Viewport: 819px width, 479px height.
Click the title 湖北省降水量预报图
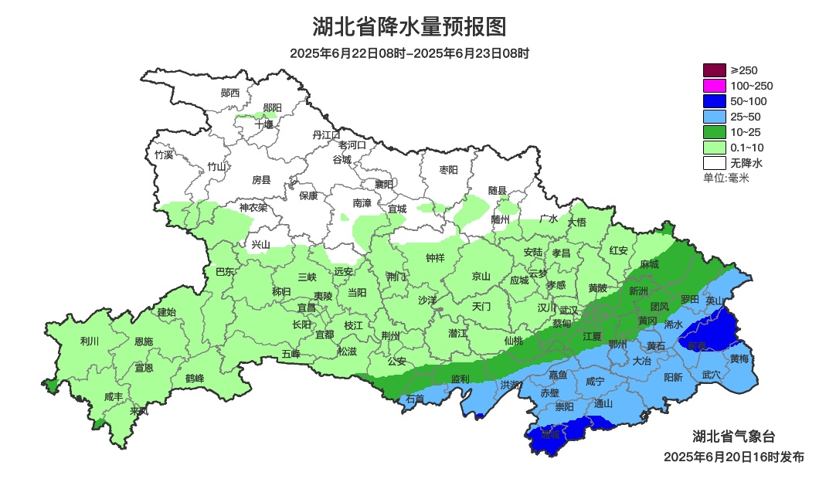409,27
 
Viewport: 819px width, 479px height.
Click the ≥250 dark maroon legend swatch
715,70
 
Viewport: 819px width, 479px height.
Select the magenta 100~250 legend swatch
715,86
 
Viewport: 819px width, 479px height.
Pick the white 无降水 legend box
715,163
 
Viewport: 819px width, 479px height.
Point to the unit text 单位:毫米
726,178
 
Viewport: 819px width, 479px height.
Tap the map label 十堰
263,124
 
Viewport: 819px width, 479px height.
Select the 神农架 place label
253,207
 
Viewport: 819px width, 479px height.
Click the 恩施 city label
143,341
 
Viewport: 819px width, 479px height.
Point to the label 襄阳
384,184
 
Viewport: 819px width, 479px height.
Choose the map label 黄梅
739,358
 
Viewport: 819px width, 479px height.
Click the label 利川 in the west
90,341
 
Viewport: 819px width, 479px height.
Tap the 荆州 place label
391,336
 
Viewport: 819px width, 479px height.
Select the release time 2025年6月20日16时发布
733,457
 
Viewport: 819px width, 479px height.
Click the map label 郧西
230,93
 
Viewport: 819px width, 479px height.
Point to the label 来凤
139,410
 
